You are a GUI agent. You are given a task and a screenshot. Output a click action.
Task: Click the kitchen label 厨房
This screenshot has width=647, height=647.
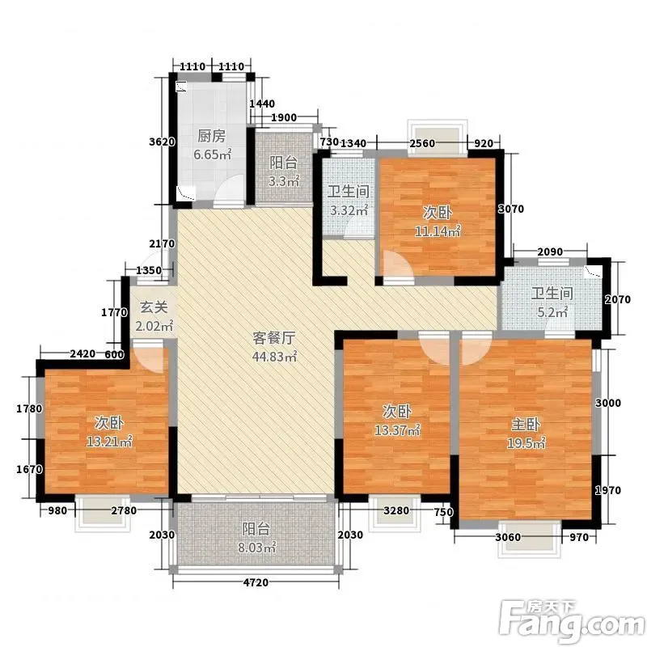click(x=211, y=136)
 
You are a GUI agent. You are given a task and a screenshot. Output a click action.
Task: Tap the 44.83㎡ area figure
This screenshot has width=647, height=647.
click(x=274, y=357)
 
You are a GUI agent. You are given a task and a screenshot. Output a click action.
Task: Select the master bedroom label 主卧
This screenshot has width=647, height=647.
click(x=526, y=424)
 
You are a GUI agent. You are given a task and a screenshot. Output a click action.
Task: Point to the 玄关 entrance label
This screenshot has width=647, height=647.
click(x=154, y=307)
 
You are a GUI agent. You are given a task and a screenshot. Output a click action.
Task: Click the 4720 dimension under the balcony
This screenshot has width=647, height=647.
click(x=256, y=582)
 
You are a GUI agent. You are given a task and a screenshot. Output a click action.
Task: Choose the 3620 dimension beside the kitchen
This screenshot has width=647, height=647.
click(x=163, y=142)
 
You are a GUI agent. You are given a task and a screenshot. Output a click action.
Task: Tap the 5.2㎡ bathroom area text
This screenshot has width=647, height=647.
click(x=552, y=312)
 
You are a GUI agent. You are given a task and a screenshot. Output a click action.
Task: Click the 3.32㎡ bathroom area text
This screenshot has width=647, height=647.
click(x=349, y=210)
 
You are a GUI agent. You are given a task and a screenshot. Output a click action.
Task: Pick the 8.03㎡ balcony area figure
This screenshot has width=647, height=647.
click(x=256, y=548)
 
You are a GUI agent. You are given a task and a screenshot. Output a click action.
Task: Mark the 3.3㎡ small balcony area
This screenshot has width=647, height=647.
click(x=284, y=181)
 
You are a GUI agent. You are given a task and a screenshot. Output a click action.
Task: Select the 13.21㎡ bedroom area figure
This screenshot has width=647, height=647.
click(x=109, y=442)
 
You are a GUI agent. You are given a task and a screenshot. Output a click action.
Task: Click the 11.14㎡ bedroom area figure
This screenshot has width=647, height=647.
click(x=438, y=231)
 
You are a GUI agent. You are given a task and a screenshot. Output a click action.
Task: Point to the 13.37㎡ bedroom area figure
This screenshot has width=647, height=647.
click(x=397, y=430)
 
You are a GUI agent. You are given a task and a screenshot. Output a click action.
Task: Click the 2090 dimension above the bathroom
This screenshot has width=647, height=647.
click(x=550, y=252)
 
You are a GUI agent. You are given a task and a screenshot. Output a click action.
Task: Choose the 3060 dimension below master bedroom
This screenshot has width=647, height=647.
click(x=508, y=537)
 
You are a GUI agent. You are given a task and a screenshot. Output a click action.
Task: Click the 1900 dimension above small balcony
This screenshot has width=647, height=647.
click(x=284, y=117)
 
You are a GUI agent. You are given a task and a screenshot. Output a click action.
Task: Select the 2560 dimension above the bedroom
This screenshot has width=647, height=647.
click(x=422, y=143)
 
